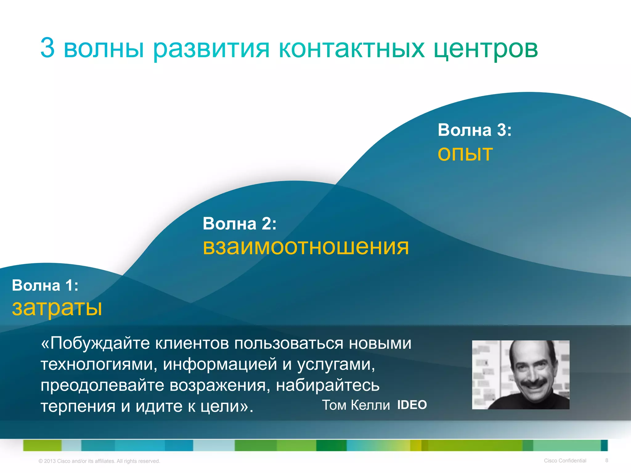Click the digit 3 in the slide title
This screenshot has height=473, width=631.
[48, 48]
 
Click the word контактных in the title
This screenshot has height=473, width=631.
[352, 49]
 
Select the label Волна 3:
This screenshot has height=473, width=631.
[474, 130]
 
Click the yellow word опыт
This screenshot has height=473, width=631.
[465, 154]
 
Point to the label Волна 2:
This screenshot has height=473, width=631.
[239, 224]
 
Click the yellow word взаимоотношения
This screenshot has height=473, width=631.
[306, 247]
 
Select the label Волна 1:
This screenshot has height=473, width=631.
[45, 285]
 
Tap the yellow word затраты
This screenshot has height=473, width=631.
[57, 308]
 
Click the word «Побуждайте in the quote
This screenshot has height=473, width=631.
[95, 343]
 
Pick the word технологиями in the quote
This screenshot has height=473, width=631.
[99, 364]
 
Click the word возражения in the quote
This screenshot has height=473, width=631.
[218, 385]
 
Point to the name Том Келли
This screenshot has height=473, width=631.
[356, 405]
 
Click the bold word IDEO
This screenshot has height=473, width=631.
[412, 405]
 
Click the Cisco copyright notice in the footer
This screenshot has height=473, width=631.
[99, 461]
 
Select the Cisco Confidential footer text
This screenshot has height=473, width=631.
[565, 461]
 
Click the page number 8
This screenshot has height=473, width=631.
[607, 460]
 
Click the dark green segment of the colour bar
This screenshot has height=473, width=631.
[331, 445]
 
